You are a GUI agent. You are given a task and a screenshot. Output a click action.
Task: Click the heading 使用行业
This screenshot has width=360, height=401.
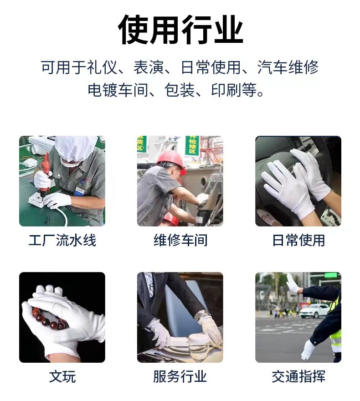(x=180, y=30)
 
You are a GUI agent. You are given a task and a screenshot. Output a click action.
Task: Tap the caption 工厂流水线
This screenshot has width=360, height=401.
(x=62, y=241)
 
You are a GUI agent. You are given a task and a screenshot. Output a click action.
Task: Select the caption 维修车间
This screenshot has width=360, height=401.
(x=180, y=241)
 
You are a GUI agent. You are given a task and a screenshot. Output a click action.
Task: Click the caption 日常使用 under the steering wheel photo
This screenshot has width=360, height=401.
(x=298, y=241)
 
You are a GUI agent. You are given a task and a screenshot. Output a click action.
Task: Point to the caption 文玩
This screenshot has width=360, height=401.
(x=62, y=376)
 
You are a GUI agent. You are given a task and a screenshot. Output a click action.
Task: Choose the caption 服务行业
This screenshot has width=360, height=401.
(x=180, y=376)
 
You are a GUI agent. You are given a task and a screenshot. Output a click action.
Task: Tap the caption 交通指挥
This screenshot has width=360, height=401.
(x=298, y=376)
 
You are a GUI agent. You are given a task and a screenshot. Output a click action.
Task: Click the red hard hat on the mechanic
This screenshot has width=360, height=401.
(x=171, y=161)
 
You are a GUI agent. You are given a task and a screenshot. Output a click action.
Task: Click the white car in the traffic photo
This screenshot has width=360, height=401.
(x=314, y=311)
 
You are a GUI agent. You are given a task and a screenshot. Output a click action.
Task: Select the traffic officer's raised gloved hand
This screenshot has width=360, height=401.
(x=293, y=283)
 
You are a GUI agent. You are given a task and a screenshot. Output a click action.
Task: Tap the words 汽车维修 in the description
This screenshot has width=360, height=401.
(x=288, y=67)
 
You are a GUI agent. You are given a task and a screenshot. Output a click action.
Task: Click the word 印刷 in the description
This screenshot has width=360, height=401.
(x=226, y=90)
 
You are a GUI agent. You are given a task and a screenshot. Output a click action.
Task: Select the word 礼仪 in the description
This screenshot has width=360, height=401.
(x=102, y=67)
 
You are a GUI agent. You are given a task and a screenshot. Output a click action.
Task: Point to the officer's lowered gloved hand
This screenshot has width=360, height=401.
(x=308, y=350)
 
